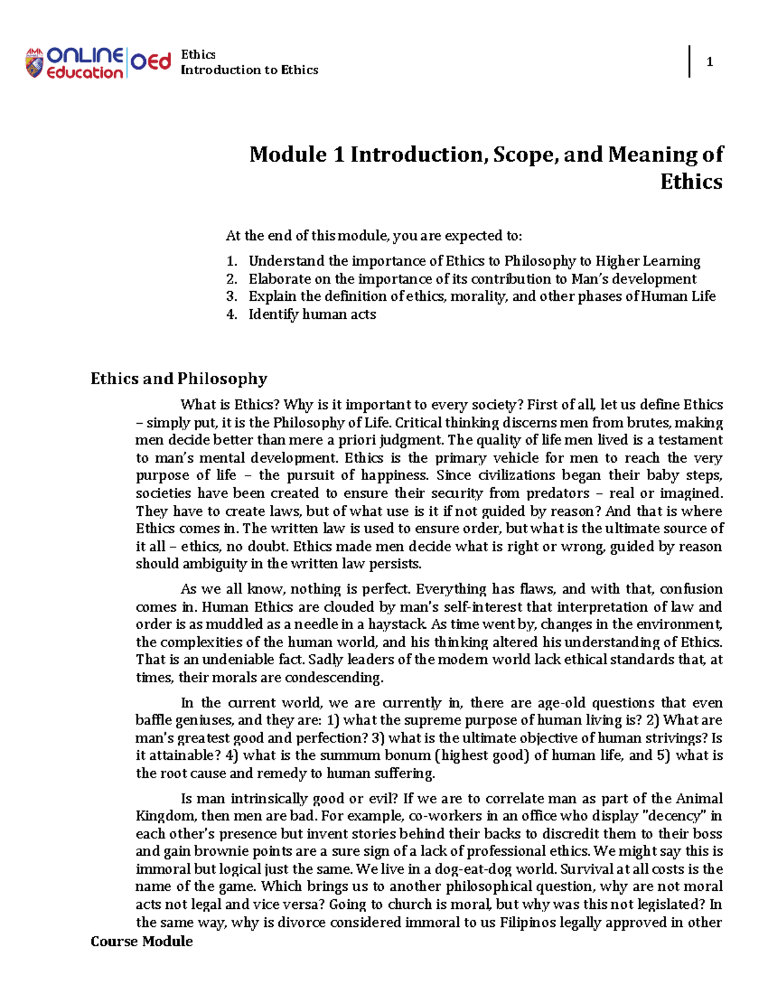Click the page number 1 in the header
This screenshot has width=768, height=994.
tap(709, 62)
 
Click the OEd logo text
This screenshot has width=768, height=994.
tap(151, 61)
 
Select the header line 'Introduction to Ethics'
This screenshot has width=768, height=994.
tap(250, 70)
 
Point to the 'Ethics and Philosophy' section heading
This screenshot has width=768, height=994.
tap(179, 378)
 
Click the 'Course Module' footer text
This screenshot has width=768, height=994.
tap(141, 941)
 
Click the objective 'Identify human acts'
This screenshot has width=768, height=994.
tap(312, 314)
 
